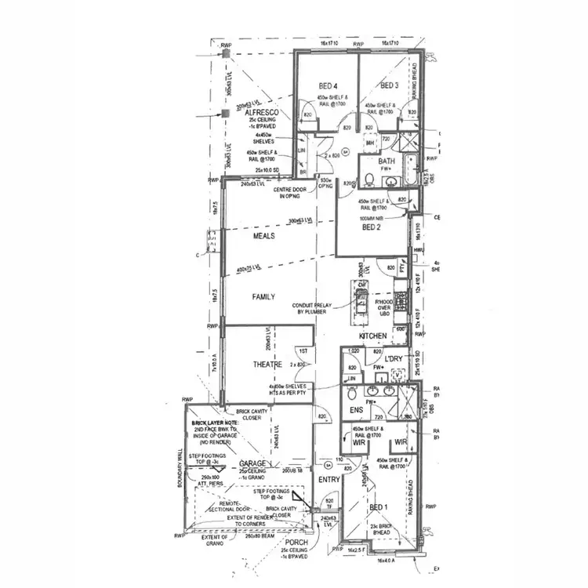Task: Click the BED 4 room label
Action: [328, 85]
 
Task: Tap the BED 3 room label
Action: [390, 85]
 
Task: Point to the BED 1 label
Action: [379, 507]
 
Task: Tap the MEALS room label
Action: [263, 235]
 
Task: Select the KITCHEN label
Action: [374, 336]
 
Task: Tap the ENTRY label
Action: [328, 480]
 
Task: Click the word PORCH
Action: [296, 543]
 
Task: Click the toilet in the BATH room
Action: [367, 180]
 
